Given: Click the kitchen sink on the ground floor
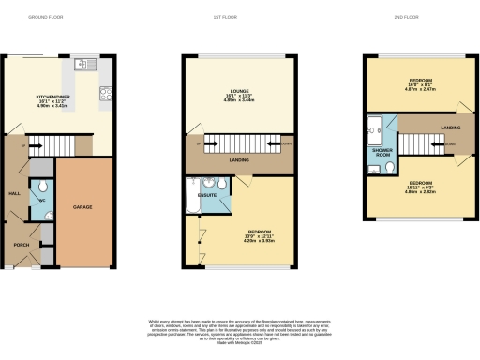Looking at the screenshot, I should click(82, 65).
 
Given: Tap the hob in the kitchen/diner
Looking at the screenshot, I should click(106, 92).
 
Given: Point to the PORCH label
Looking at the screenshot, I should click(21, 247).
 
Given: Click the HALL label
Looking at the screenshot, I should click(14, 194).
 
